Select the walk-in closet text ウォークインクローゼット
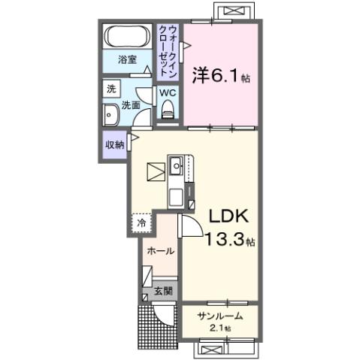[x=168, y=49]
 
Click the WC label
[x=167, y=93]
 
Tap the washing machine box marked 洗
[x=111, y=89]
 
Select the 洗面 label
[x=132, y=105]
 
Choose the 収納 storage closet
[x=114, y=144]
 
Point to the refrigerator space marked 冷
[x=141, y=222]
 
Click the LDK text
[x=228, y=217]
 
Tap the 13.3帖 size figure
[x=229, y=241]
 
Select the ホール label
[x=160, y=251]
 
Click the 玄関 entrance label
[x=163, y=290]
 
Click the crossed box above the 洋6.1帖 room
[x=234, y=11]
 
